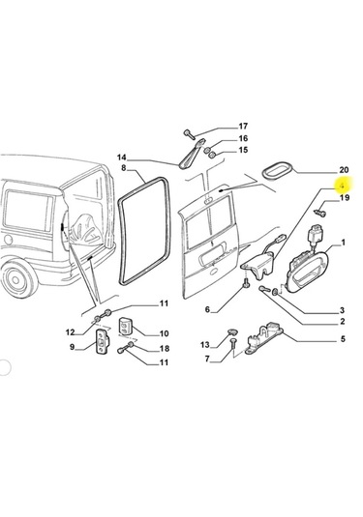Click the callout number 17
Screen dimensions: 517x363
(x=243, y=126)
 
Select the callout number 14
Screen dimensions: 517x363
(x=123, y=158)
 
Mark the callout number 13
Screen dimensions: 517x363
(x=205, y=345)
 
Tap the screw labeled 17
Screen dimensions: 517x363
(x=190, y=131)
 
